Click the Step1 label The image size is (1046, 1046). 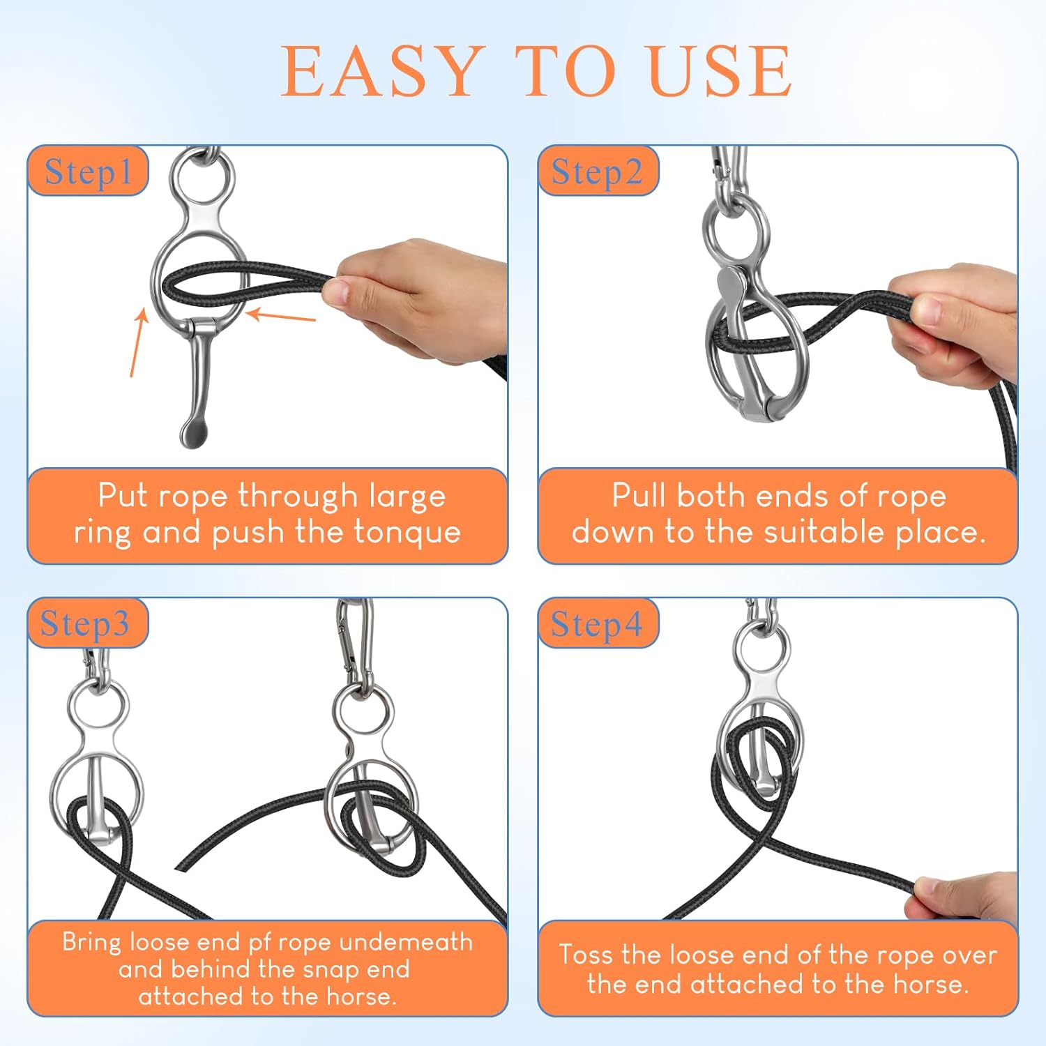[88, 172]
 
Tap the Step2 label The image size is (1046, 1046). [597, 172]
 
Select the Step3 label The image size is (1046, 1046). [85, 623]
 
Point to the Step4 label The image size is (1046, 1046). [597, 623]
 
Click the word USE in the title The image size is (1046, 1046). [720, 71]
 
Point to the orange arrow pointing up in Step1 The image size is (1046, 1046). [138, 342]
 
